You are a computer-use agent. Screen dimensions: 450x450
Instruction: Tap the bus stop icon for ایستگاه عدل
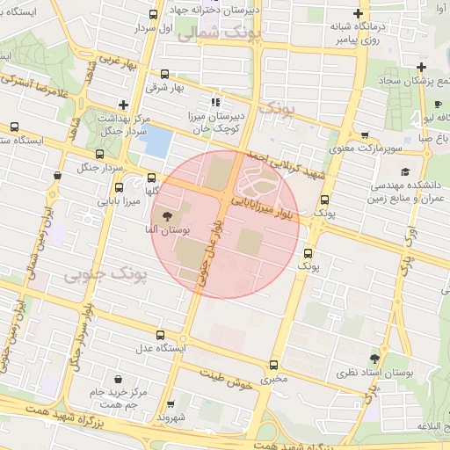point(160,335)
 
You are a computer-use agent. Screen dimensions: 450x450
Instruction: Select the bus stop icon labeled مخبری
point(273,364)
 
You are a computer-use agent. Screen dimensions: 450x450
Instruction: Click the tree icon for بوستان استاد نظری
point(375,359)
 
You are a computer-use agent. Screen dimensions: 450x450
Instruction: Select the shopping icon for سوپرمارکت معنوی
point(365,135)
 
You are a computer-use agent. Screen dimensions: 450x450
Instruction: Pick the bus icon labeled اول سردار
point(155,14)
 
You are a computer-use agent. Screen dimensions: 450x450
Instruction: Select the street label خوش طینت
point(226,379)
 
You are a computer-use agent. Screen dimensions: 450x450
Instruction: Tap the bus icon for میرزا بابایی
point(120,186)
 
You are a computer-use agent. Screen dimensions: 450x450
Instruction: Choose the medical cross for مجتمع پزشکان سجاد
point(423,67)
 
